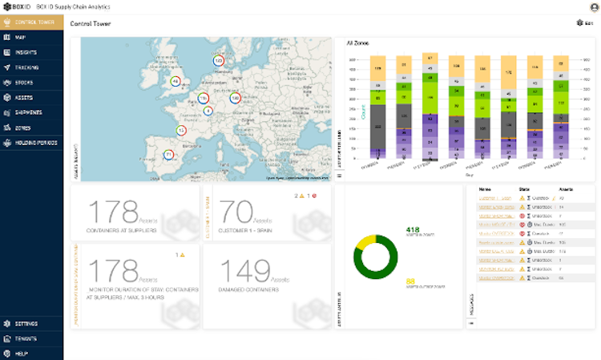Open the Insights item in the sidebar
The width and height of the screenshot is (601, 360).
26,52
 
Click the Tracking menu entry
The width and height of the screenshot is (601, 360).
26,67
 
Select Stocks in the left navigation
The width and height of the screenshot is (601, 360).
24,83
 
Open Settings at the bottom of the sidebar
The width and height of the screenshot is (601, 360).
26,323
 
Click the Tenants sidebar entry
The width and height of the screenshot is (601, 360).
26,338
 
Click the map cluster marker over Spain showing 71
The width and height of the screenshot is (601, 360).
168,154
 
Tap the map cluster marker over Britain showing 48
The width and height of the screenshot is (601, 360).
175,81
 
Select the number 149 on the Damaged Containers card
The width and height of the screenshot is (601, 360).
245,273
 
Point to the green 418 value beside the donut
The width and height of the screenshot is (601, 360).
413,230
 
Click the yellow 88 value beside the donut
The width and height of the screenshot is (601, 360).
410,281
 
